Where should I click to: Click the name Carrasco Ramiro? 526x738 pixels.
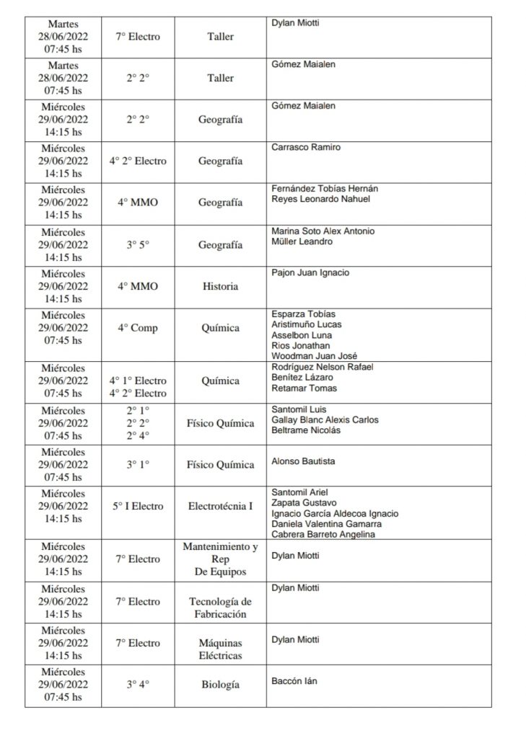click(305, 148)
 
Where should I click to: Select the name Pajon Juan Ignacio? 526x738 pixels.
click(310, 273)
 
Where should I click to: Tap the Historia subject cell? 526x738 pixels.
click(220, 286)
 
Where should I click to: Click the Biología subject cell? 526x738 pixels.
click(220, 685)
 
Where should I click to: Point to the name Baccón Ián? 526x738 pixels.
click(294, 681)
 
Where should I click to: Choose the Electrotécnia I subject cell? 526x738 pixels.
click(220, 506)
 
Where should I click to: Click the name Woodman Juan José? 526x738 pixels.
click(314, 356)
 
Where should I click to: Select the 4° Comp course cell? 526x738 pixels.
click(137, 328)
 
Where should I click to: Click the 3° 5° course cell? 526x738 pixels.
click(137, 245)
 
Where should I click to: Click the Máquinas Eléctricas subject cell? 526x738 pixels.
click(220, 649)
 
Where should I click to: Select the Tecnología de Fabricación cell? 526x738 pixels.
click(220, 608)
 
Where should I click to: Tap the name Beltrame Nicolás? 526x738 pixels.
click(306, 430)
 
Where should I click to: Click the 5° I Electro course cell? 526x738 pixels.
click(137, 506)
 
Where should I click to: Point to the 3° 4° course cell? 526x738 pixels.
click(137, 685)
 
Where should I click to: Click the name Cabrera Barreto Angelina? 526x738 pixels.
click(323, 534)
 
